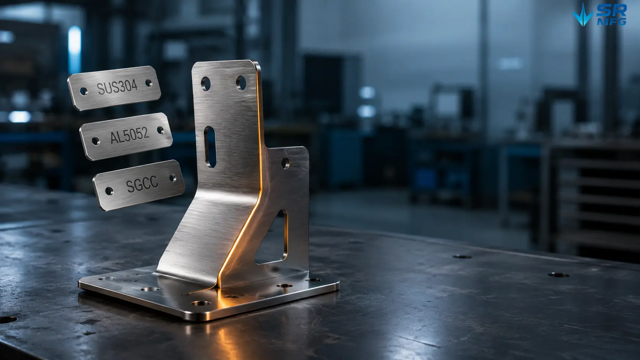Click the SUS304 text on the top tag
(117, 86)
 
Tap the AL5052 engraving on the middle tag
(130, 135)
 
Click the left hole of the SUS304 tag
(84, 91)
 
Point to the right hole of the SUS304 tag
(149, 83)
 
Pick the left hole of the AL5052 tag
(96, 141)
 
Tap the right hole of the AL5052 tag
(160, 130)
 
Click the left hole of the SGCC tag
(109, 191)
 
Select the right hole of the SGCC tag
(173, 178)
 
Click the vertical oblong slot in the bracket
(210, 147)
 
